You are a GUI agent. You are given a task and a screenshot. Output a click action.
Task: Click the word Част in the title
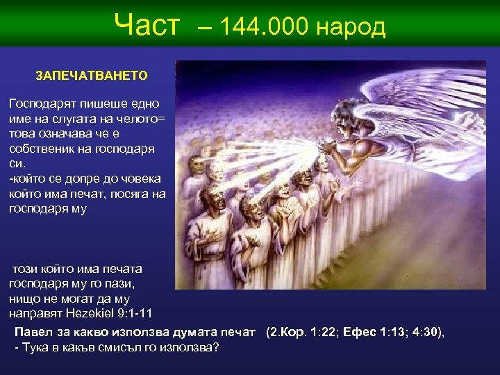coord(147,26)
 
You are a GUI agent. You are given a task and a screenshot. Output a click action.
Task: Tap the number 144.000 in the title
coord(265,27)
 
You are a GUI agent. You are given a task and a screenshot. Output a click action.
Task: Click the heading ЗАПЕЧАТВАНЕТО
coord(92,74)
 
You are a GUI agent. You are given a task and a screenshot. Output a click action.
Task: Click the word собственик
coord(44,149)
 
